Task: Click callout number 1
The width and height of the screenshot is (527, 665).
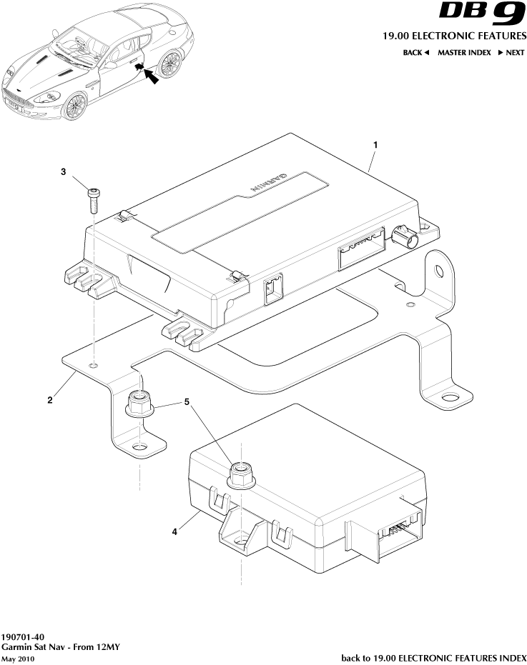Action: pos(376,145)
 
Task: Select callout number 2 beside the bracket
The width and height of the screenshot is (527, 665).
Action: pos(49,400)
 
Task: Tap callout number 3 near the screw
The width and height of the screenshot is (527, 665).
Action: pos(63,172)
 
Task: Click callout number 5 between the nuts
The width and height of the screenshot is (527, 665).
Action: pos(187,402)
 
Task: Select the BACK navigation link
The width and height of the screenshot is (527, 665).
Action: pos(415,53)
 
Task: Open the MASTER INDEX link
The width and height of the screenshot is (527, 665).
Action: pos(464,53)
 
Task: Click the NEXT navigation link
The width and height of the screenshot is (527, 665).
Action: pos(511,53)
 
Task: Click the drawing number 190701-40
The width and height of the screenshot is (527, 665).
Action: pos(23,636)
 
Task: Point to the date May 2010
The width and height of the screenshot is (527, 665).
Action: pos(18,658)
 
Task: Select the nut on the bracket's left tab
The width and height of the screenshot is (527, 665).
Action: pos(139,404)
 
